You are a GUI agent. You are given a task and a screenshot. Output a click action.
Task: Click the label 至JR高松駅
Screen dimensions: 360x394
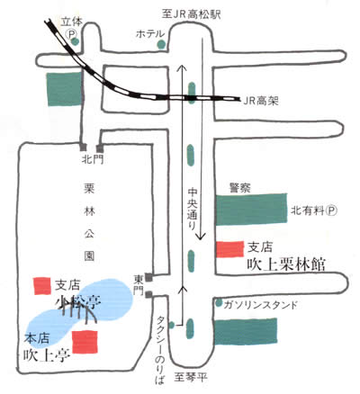pyautogui.click(x=191, y=14)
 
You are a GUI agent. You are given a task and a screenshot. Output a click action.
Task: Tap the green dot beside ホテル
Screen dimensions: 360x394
pyautogui.click(x=161, y=44)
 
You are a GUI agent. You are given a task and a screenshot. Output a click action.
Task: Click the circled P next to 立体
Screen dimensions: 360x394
pyautogui.click(x=72, y=33)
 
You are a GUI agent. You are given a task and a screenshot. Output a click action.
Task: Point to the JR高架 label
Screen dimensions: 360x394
pyautogui.click(x=261, y=101)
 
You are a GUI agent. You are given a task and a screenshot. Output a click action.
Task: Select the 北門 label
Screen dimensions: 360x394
pyautogui.click(x=93, y=159)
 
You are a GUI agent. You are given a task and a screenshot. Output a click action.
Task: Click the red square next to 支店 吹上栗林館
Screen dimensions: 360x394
pyautogui.click(x=229, y=249)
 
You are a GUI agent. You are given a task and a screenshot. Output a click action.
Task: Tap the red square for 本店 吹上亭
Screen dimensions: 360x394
pyautogui.click(x=85, y=342)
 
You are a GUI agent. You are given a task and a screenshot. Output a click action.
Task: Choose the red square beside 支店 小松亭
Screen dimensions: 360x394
pyautogui.click(x=42, y=286)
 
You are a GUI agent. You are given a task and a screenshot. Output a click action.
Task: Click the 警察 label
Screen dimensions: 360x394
pyautogui.click(x=239, y=188)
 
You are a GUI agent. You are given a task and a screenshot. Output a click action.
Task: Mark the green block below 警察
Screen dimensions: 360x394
pyautogui.click(x=251, y=210)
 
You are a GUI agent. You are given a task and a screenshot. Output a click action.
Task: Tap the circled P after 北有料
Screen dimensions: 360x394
pyautogui.click(x=332, y=210)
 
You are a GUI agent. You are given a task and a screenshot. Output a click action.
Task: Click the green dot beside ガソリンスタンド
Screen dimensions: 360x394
pyautogui.click(x=219, y=303)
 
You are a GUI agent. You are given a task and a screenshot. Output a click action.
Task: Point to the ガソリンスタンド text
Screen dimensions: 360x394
pyautogui.click(x=261, y=305)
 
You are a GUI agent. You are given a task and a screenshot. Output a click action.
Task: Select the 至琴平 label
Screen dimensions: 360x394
pyautogui.click(x=191, y=377)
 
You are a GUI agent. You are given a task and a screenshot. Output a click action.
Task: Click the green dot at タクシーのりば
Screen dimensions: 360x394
pyautogui.click(x=172, y=325)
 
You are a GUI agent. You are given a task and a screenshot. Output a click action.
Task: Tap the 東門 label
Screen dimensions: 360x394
pyautogui.click(x=139, y=285)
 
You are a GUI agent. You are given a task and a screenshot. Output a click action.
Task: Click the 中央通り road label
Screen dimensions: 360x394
pyautogui.click(x=192, y=209)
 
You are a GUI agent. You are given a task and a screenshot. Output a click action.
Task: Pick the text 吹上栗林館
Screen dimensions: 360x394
pyautogui.click(x=286, y=264)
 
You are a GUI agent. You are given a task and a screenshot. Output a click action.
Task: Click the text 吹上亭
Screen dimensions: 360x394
pyautogui.click(x=47, y=356)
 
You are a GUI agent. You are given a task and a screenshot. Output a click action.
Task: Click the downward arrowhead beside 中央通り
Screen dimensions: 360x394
pyautogui.click(x=201, y=237)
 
